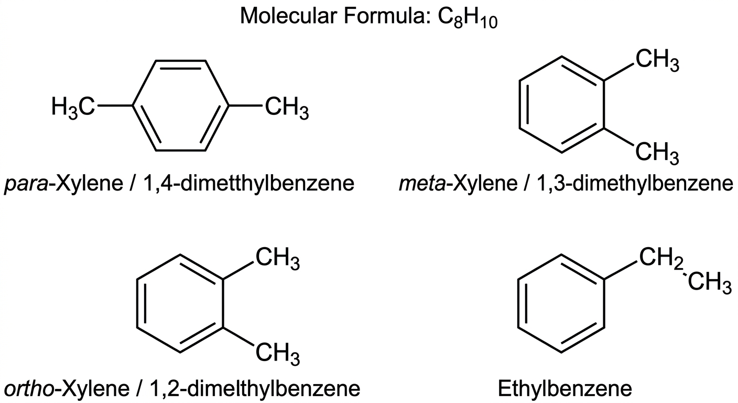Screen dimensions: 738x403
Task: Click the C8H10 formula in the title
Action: click(468, 17)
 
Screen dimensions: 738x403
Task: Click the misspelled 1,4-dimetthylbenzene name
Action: click(248, 183)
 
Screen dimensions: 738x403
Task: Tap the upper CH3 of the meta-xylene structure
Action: click(657, 61)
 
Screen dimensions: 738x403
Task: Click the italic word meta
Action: click(422, 183)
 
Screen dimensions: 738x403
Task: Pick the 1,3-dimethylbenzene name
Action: click(635, 183)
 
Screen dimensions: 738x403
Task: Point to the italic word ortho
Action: click(29, 388)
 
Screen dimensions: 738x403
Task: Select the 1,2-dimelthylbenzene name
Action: click(255, 388)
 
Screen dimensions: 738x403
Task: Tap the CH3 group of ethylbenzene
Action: click(710, 283)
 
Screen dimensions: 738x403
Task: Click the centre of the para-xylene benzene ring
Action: click(180, 106)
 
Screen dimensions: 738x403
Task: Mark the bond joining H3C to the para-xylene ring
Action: click(115, 106)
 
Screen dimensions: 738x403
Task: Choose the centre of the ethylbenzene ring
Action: click(561, 303)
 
